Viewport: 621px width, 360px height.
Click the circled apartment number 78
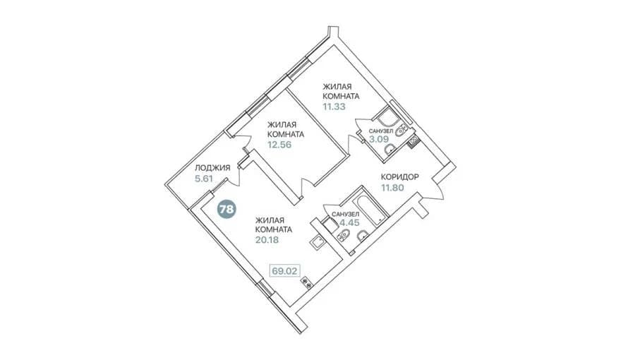pos(227,208)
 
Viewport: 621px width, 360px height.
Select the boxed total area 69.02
pos(284,271)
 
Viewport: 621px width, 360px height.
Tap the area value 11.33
pos(334,107)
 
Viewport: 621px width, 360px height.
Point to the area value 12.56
pos(279,145)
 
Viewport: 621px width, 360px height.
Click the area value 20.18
pos(267,239)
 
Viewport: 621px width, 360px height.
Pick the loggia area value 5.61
pos(203,179)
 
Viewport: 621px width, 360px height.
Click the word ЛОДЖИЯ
pos(212,168)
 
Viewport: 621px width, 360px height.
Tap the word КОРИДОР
pos(399,176)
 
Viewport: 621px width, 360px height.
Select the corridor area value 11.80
pos(392,188)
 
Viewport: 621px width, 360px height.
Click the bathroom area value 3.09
pos(379,139)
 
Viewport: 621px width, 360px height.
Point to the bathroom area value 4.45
pos(349,222)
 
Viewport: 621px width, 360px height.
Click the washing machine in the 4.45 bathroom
pos(329,224)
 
